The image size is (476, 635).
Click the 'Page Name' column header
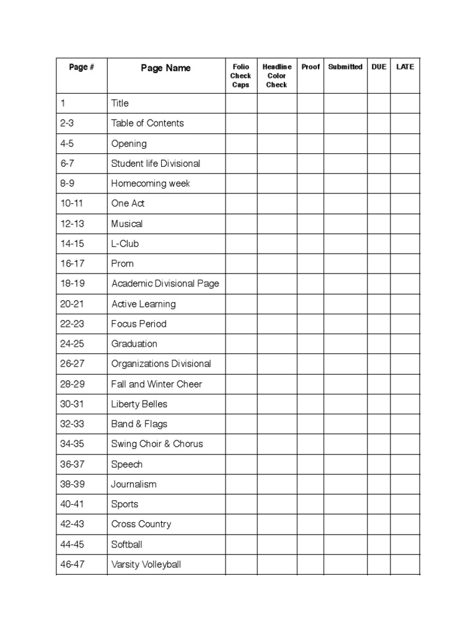(165, 68)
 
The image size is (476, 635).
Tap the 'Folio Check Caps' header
(240, 76)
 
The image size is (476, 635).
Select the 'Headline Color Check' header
(276, 76)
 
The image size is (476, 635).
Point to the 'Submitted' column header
(345, 67)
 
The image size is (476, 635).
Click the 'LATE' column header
(405, 67)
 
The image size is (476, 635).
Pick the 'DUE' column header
(379, 67)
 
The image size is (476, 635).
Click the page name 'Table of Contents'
(148, 123)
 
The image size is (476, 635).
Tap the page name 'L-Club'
(125, 244)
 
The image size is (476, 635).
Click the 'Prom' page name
(122, 264)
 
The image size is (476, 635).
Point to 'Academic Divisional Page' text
(165, 284)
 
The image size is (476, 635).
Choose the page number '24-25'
(73, 344)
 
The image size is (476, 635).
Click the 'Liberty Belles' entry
(139, 404)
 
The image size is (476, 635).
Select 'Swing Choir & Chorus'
(157, 444)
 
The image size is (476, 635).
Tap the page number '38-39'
(73, 484)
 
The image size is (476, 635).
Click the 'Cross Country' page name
(141, 524)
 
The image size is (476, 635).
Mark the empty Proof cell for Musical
(310, 224)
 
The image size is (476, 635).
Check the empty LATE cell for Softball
(405, 544)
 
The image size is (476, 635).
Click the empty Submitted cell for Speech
(345, 464)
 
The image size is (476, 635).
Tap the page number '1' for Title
(63, 104)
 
